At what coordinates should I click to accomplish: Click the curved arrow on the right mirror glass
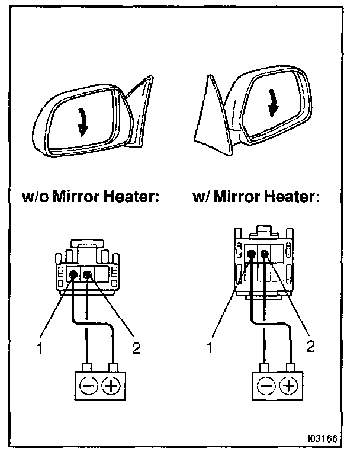[x=273, y=103]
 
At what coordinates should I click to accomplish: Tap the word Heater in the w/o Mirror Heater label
[x=131, y=196]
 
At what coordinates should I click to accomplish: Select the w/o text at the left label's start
[x=36, y=196]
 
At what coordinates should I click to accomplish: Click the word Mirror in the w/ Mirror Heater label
[x=237, y=196]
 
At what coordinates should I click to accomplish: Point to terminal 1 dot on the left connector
[x=73, y=275]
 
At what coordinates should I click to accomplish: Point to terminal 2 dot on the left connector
[x=87, y=275]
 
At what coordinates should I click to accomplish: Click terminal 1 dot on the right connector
[x=251, y=254]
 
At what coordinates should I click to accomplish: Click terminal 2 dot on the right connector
[x=265, y=254]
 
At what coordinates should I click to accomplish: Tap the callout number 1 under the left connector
[x=40, y=348]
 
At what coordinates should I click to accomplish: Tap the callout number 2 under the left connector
[x=136, y=348]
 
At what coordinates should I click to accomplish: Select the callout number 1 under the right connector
[x=210, y=347]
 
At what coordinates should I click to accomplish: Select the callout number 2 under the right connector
[x=311, y=346]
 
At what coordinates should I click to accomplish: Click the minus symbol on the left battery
[x=88, y=385]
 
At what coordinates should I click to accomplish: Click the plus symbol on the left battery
[x=111, y=385]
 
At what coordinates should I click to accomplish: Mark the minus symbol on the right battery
[x=266, y=386]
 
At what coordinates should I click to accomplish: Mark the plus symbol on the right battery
[x=288, y=386]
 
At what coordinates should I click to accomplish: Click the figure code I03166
[x=322, y=438]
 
